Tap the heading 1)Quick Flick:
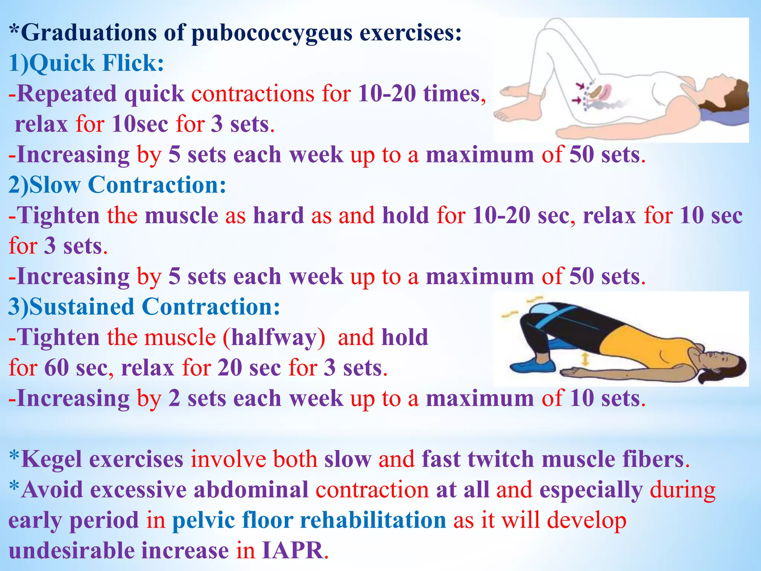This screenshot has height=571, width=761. coord(86,63)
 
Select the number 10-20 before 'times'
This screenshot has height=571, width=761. coord(386,93)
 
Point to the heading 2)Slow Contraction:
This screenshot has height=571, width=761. coord(117,185)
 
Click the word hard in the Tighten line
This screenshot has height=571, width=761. coord(278,215)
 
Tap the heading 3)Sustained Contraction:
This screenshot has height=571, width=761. coord(144,307)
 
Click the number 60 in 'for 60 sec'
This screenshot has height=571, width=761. coord(56,368)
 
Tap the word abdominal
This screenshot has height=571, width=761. coord(251,490)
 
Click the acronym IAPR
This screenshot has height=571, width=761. coord(292,551)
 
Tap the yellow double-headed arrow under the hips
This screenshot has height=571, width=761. coord(585,360)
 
